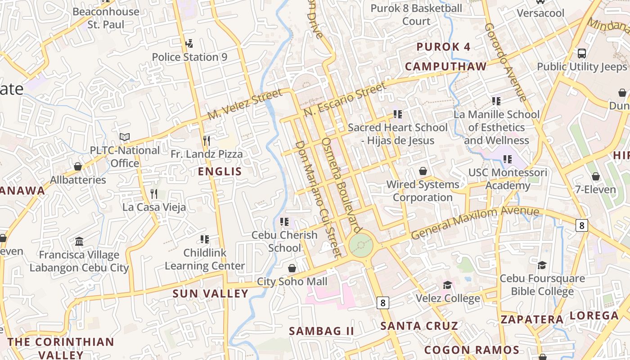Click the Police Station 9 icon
[x=189, y=44]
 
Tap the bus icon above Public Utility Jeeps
[x=581, y=54]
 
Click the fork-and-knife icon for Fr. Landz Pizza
[x=207, y=141]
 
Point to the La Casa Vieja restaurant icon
[x=154, y=194]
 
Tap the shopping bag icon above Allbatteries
[x=78, y=166]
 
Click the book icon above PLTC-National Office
[x=125, y=137]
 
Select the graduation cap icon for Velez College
[x=447, y=285]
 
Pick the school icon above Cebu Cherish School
[x=284, y=221]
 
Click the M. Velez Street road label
[x=245, y=104]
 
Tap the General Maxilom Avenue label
[x=475, y=222]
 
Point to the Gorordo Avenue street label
[x=505, y=62]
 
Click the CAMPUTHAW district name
[x=445, y=67]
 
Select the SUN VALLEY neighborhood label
[x=211, y=294]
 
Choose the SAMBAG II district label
[x=321, y=331]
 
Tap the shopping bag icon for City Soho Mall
[x=292, y=269]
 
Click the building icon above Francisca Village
[x=79, y=242]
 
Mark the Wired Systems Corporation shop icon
[x=423, y=171]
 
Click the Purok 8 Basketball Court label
[x=416, y=14]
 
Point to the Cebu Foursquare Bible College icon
[x=542, y=265]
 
